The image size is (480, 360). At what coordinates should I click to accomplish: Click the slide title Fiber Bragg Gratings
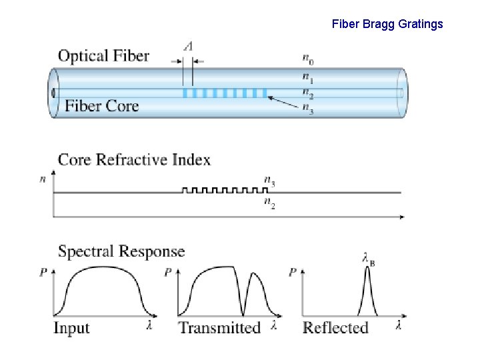tap(387, 25)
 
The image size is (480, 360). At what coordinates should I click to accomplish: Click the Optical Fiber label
tap(103, 56)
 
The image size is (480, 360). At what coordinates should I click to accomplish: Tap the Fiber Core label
tap(101, 106)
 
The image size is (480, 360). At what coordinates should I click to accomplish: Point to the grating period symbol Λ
tap(189, 46)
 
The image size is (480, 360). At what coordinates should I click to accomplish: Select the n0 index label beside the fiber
tap(307, 61)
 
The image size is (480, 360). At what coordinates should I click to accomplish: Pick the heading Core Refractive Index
tap(134, 160)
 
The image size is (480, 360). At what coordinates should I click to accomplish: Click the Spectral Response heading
tap(121, 251)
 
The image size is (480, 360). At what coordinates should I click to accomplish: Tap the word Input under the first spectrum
tap(71, 327)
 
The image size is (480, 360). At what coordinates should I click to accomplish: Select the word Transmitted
tap(219, 327)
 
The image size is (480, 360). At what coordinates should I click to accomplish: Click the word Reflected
tap(335, 327)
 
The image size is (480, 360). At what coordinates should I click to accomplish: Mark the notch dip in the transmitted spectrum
tap(243, 313)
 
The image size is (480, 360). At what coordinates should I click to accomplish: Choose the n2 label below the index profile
tap(269, 203)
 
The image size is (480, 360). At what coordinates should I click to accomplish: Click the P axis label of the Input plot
tap(43, 271)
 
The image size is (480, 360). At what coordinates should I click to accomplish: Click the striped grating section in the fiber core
tap(224, 93)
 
